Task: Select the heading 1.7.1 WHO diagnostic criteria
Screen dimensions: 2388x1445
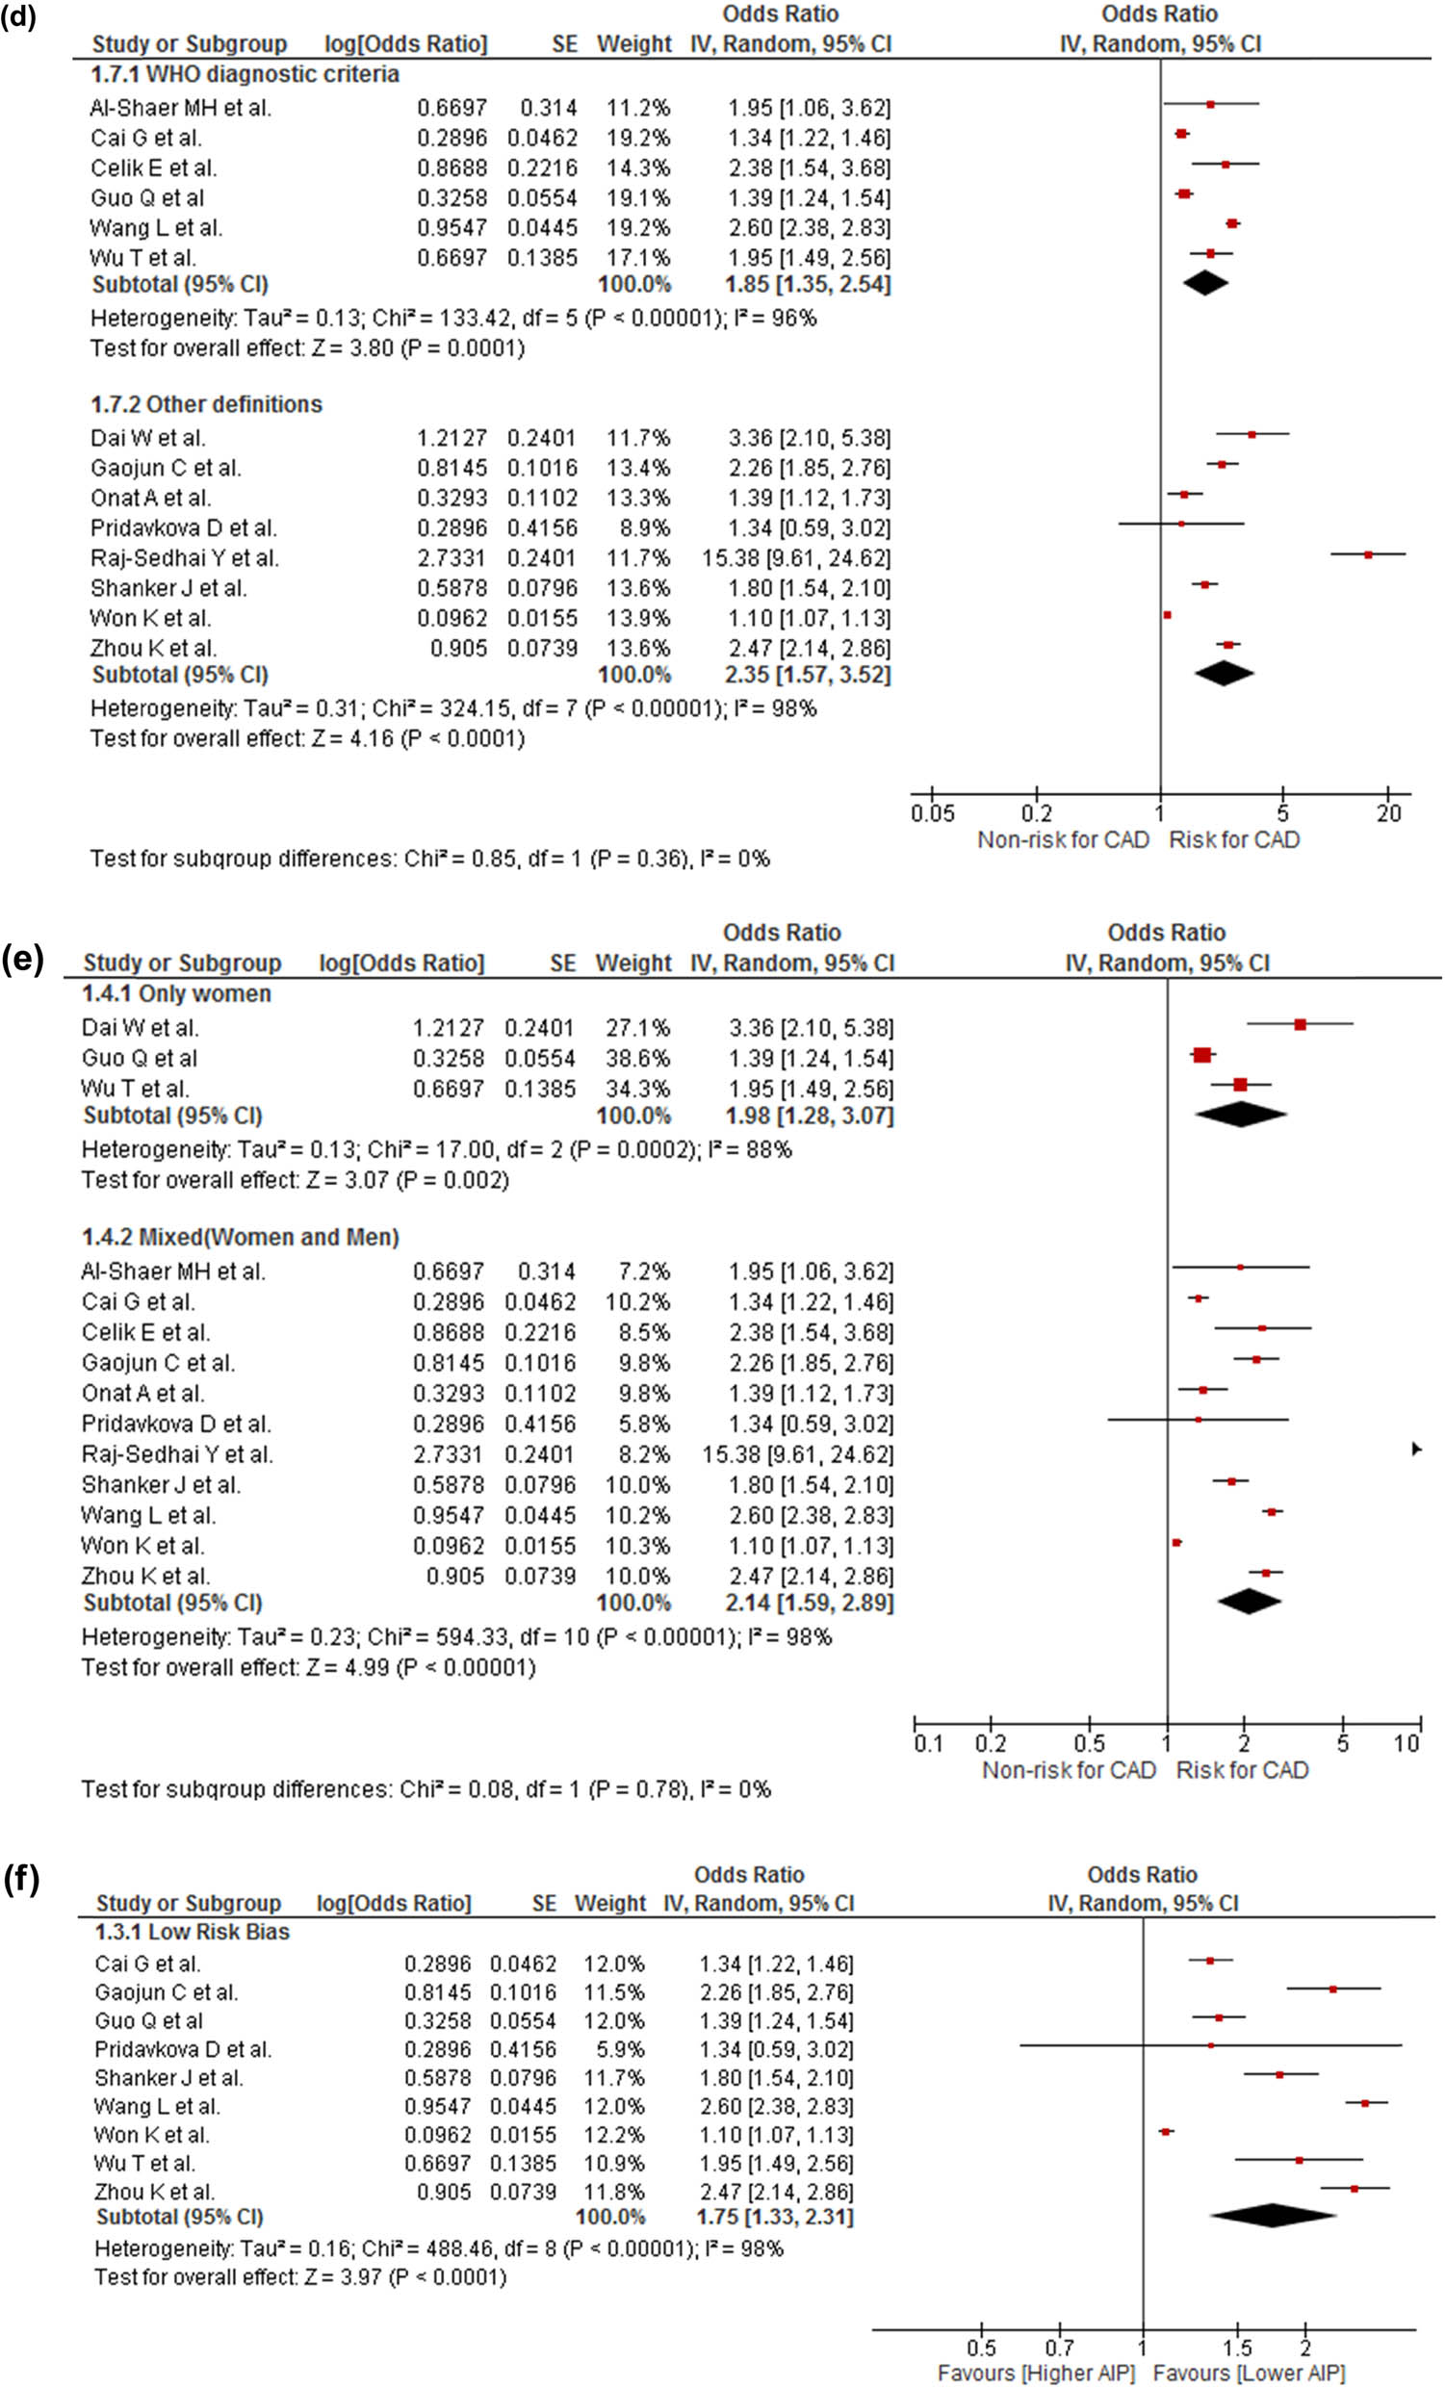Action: coord(245,75)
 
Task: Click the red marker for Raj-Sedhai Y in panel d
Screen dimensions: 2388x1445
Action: coord(1367,554)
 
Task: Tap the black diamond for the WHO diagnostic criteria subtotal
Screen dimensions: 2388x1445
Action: coord(1204,283)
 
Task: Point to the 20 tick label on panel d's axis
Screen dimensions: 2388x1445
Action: coord(1388,813)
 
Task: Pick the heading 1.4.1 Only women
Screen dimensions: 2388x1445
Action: coord(175,994)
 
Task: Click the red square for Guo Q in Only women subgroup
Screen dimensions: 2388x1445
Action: coord(1201,1056)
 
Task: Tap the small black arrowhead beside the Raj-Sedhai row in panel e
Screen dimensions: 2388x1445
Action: coord(1416,1449)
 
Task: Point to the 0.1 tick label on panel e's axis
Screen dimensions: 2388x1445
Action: coord(927,1744)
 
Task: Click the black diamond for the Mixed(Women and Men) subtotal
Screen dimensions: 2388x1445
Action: coord(1249,1602)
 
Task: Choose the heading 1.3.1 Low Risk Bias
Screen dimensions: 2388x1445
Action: coord(192,1933)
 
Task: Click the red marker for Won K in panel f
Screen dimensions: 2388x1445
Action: coord(1166,2131)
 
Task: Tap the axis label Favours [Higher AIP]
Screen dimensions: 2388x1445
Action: coord(1036,2374)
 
